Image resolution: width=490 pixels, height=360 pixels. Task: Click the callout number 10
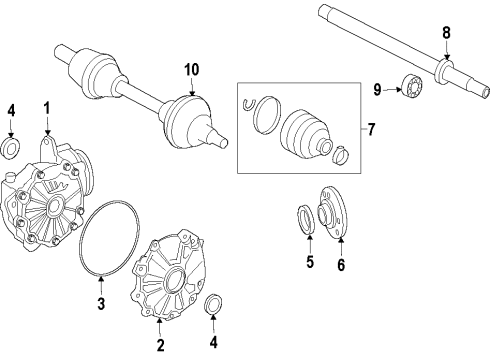(192, 70)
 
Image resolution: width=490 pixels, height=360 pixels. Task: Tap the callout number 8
(446, 33)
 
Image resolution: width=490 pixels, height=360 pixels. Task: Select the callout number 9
(377, 90)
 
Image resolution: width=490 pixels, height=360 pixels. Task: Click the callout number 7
(371, 129)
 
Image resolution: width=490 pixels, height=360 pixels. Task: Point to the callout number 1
(47, 109)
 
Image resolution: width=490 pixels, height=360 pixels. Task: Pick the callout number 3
(101, 303)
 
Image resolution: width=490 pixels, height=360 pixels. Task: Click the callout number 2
(160, 345)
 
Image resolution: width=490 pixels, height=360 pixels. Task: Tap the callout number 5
(310, 262)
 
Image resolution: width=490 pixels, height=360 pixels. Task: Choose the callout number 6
(341, 265)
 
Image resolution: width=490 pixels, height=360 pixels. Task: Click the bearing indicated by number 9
(413, 85)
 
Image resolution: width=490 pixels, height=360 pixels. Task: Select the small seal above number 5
(305, 220)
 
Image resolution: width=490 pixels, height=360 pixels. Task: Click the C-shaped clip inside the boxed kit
(247, 104)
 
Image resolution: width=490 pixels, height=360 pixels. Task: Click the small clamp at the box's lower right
(341, 155)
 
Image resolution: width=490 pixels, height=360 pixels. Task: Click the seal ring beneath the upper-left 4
(11, 147)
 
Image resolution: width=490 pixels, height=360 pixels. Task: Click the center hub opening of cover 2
(175, 281)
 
